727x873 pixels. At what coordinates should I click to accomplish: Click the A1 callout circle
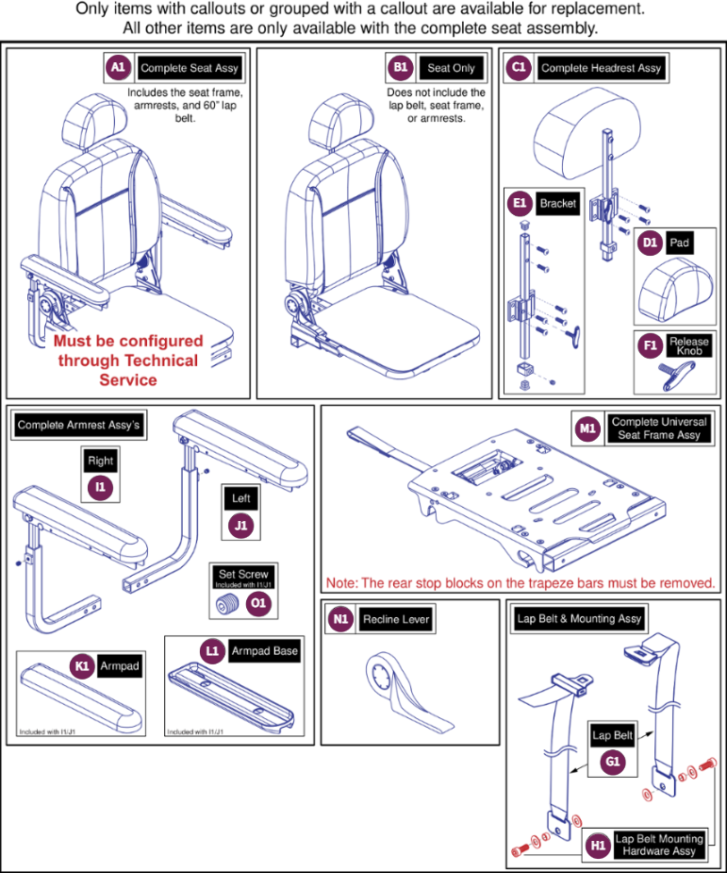click(x=117, y=68)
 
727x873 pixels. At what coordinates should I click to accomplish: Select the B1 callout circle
click(x=400, y=68)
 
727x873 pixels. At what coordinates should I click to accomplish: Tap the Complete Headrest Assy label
click(x=601, y=68)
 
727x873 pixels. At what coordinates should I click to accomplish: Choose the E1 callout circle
click(x=518, y=204)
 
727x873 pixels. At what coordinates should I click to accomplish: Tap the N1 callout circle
click(x=339, y=619)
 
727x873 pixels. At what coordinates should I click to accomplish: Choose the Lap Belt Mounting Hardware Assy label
click(x=659, y=845)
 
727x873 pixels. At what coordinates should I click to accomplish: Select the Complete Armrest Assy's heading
click(x=78, y=426)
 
